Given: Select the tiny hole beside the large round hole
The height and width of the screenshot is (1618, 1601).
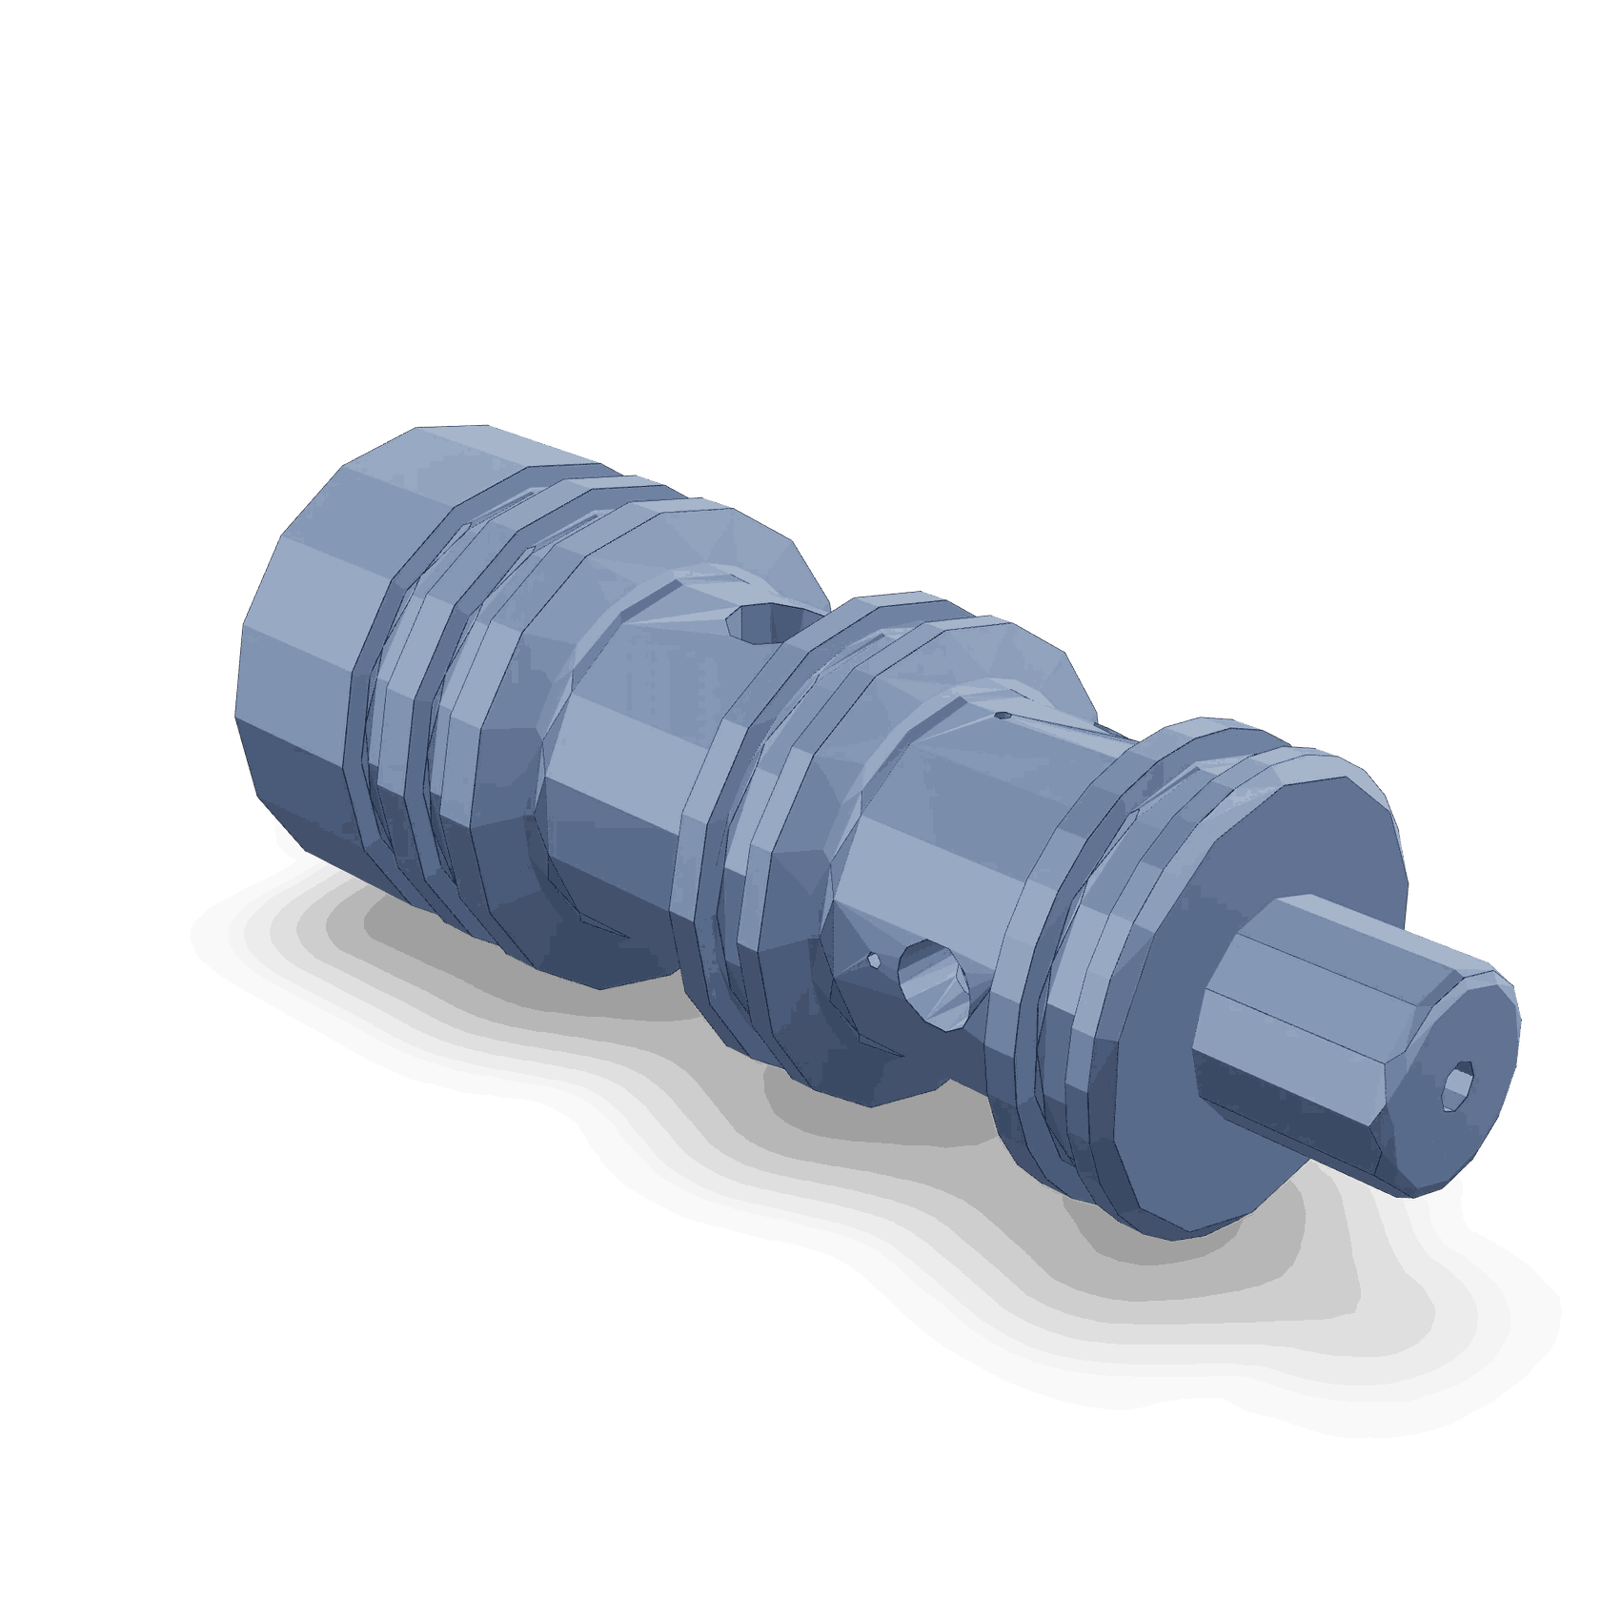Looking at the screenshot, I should (874, 961).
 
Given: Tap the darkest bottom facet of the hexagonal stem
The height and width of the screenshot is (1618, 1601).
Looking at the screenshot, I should (1287, 1143).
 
